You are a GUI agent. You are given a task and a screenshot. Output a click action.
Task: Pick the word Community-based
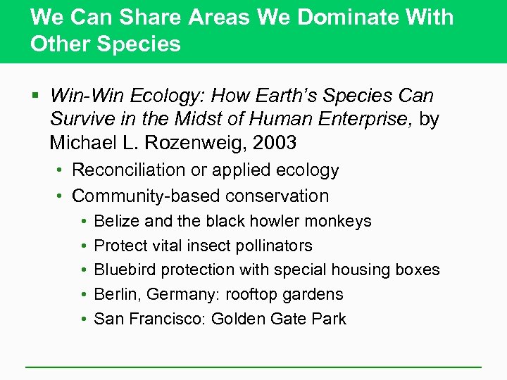click(x=142, y=196)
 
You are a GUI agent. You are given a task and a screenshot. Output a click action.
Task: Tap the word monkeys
click(x=341, y=221)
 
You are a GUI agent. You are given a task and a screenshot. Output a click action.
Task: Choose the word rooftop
click(x=251, y=294)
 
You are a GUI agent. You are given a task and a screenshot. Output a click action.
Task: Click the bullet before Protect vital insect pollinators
click(x=84, y=246)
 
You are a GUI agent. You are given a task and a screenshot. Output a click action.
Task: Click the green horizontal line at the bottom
click(x=254, y=367)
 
